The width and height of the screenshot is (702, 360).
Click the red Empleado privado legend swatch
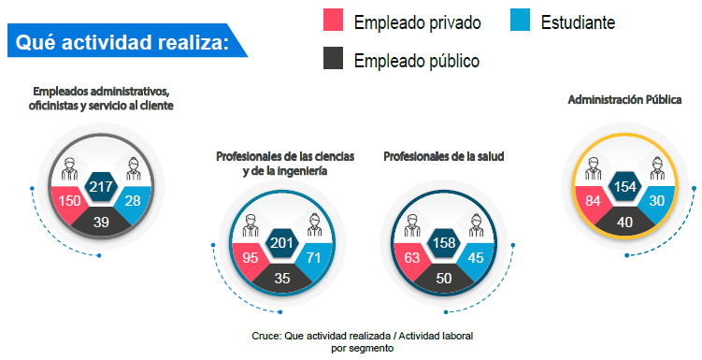click(x=334, y=21)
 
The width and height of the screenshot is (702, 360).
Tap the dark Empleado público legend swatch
click(x=334, y=60)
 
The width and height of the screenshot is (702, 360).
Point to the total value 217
click(x=101, y=187)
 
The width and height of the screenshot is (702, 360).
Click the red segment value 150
click(x=69, y=201)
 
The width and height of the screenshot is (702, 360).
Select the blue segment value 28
click(x=133, y=201)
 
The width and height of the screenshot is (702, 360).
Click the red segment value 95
click(x=251, y=258)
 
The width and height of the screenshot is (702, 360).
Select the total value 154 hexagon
click(x=625, y=186)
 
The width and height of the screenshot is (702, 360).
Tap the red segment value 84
click(x=593, y=201)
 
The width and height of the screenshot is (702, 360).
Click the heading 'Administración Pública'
click(x=624, y=99)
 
